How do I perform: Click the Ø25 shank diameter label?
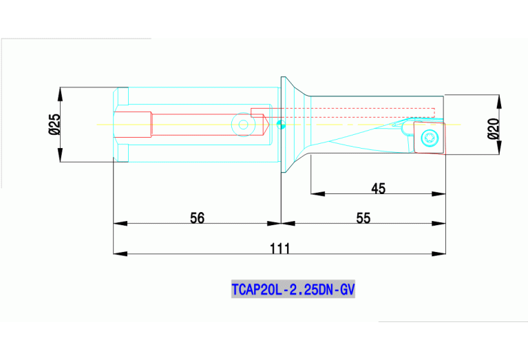point(54,124)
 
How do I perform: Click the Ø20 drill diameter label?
point(493,128)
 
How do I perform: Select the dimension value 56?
point(197,218)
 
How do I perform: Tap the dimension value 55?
point(363,218)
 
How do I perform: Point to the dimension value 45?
point(378,188)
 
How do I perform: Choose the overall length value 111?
point(279,248)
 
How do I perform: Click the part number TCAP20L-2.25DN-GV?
point(293,290)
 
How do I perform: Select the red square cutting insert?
point(426,137)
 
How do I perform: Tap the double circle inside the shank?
point(242,125)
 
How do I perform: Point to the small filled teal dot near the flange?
point(279,125)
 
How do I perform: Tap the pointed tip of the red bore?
point(269,125)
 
